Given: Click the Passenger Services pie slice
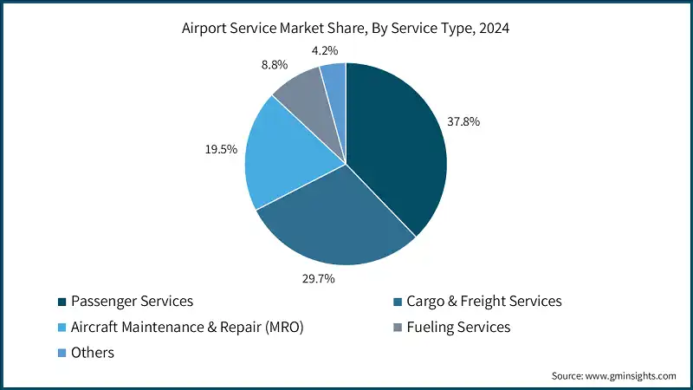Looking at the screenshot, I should [x=398, y=147].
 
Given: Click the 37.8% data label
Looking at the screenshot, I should [x=464, y=121].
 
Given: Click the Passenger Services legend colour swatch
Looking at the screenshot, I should [x=62, y=302].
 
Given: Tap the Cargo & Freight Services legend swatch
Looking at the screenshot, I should [x=398, y=302].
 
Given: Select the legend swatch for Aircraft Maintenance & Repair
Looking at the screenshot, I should [x=62, y=328].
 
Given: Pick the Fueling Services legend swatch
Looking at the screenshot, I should [x=398, y=328].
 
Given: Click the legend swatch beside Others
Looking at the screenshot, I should [x=62, y=354].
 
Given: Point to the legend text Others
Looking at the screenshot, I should [x=94, y=354].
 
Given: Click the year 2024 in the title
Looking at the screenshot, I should [x=494, y=27].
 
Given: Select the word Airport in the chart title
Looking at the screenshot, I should [x=206, y=27].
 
